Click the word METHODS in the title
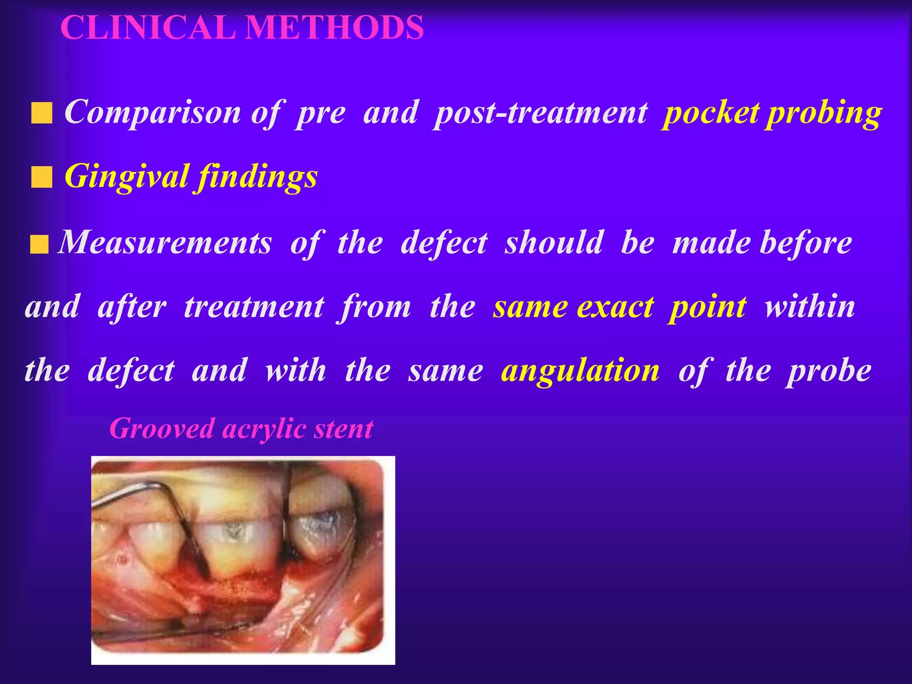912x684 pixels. tap(334, 28)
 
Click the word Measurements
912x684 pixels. tap(165, 243)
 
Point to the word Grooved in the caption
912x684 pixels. tap(162, 428)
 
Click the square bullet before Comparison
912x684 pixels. tap(42, 113)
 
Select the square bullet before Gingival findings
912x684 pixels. tap(42, 178)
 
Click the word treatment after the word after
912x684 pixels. tap(254, 307)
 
